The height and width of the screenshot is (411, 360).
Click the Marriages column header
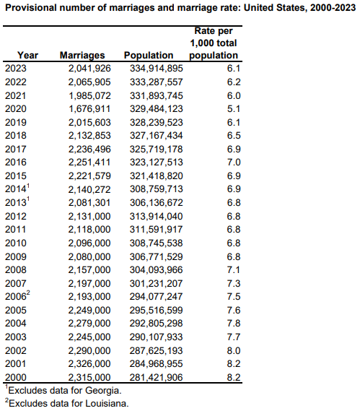(x=82, y=56)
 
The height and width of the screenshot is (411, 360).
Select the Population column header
(x=149, y=56)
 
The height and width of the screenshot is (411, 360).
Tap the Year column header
(x=27, y=56)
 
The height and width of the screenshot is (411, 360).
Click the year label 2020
(x=16, y=109)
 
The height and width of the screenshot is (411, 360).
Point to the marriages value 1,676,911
(x=89, y=109)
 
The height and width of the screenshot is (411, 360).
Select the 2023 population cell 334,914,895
(x=157, y=69)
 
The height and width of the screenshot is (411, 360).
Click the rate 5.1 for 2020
(x=234, y=109)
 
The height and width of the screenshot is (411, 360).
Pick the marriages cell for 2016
(x=89, y=163)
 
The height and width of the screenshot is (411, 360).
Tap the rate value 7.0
(x=234, y=163)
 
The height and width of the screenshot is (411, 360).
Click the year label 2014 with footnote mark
(x=17, y=189)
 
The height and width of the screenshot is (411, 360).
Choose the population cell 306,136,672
(x=157, y=203)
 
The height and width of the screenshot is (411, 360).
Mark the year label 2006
(x=17, y=296)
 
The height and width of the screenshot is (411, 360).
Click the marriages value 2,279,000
(x=89, y=323)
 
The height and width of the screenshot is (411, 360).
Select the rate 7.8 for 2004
(x=234, y=323)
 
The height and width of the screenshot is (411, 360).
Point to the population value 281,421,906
(x=157, y=378)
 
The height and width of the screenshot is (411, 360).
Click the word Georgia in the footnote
(x=103, y=391)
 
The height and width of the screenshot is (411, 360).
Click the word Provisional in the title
(x=31, y=8)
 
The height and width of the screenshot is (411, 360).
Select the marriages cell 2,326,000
(x=89, y=364)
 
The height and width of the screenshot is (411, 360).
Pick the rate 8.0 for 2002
(x=234, y=351)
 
